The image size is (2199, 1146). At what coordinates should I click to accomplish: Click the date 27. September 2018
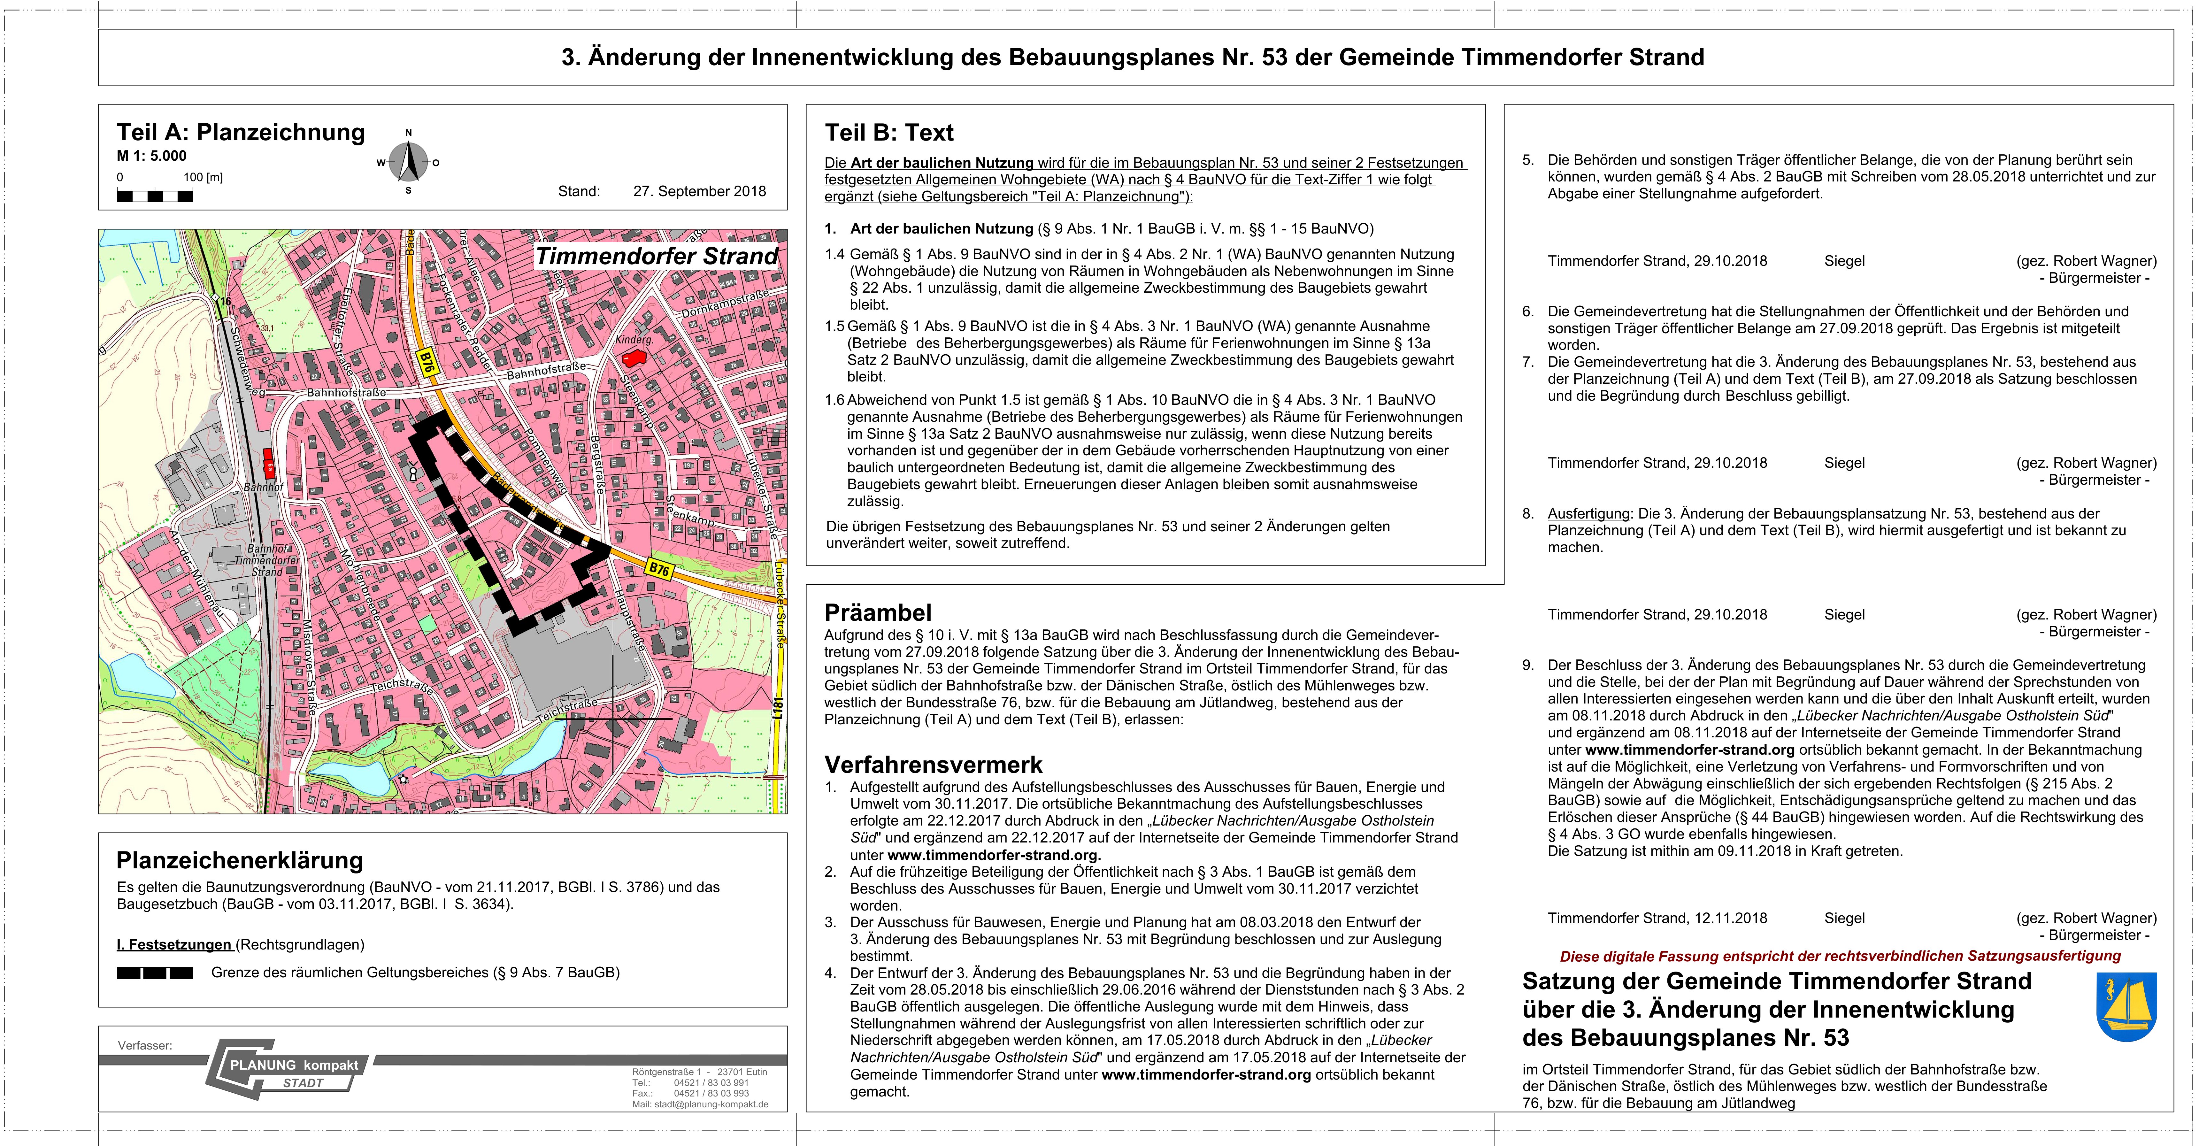699,191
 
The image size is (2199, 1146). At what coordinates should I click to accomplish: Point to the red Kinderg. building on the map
632,359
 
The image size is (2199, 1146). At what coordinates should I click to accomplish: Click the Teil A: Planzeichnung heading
241,132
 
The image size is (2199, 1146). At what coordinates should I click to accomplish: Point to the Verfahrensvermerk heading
933,764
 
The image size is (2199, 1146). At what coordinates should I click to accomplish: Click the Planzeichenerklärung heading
240,860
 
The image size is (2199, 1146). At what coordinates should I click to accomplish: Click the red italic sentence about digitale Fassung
1840,956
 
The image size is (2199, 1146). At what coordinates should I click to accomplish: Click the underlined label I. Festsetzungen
174,944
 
